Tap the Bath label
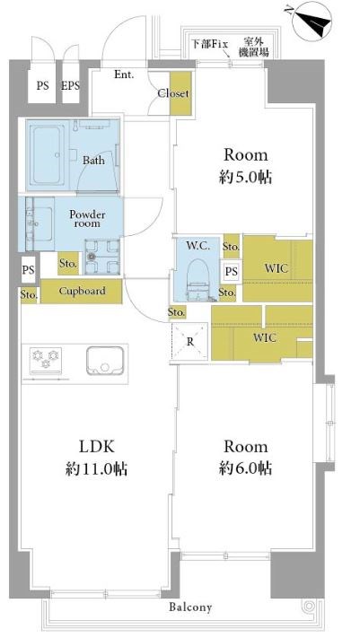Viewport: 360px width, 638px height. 93,160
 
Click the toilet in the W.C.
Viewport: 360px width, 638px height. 198,280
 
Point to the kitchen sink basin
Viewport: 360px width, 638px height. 105,361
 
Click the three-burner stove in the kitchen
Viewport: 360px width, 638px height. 46,361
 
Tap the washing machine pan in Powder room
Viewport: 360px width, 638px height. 101,257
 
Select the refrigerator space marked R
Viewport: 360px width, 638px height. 190,341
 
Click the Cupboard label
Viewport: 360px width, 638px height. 82,291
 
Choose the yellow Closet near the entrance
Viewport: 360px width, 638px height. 180,93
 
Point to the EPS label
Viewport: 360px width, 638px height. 70,86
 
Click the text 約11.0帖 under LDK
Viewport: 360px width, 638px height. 97,468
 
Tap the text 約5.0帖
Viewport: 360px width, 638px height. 245,177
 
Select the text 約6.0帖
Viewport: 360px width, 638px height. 245,468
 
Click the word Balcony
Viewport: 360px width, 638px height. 190,607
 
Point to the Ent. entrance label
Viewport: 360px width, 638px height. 124,74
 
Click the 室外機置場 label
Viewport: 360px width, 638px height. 253,48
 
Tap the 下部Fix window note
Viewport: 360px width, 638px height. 210,44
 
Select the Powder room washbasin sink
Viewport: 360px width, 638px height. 40,223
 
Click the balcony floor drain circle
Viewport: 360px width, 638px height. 308,606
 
